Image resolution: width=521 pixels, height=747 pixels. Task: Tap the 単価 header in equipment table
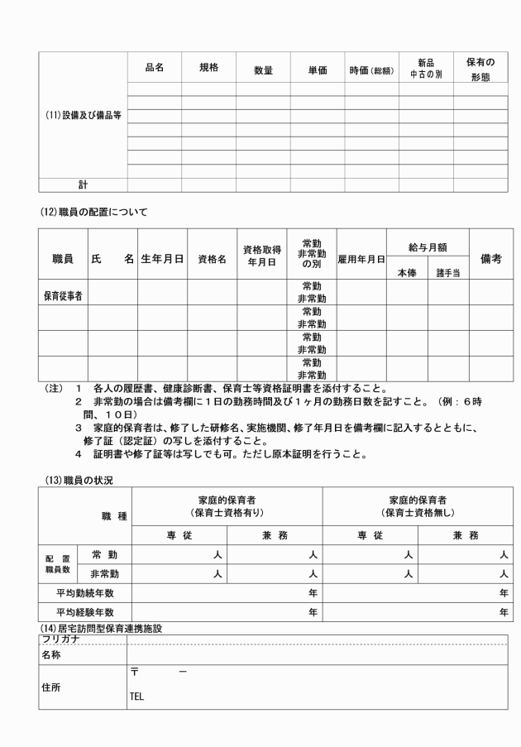317,70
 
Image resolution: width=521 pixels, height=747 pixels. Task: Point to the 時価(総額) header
371,70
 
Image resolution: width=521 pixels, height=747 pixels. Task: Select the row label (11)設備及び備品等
83,115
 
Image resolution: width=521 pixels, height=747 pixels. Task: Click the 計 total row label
83,185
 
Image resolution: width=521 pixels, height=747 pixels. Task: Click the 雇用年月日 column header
361,259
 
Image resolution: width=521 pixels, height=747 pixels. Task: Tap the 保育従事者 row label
66,294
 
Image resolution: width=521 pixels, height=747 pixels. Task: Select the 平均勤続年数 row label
84,592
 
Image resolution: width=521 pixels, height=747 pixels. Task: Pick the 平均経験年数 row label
84,612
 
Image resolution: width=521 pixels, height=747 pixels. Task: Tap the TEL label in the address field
137,697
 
